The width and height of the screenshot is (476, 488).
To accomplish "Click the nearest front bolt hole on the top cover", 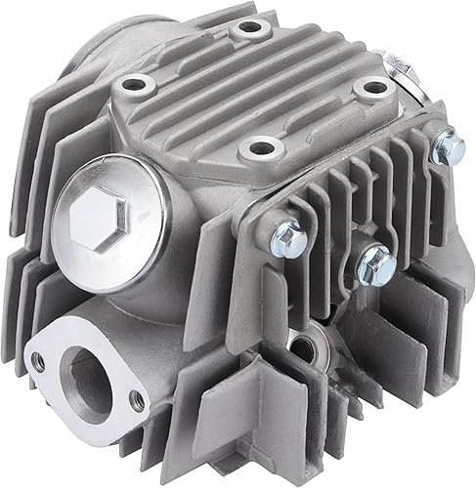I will pos(261,149).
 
